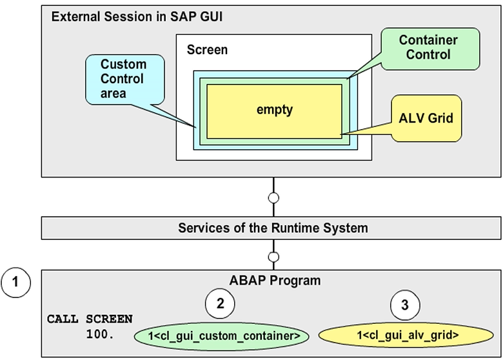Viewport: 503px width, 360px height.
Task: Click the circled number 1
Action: click(16, 283)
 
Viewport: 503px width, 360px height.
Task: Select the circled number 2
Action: click(220, 305)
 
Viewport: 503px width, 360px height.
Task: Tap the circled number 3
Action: click(405, 305)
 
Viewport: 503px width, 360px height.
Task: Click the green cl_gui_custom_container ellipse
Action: click(221, 335)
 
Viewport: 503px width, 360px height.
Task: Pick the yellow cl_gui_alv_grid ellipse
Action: click(408, 335)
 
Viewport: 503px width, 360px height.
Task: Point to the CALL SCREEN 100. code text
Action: click(90, 326)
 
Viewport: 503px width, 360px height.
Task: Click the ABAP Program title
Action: click(275, 281)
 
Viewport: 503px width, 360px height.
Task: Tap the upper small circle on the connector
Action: click(273, 198)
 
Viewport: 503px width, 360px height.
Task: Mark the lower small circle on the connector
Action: click(273, 257)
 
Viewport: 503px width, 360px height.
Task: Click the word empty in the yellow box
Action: click(274, 110)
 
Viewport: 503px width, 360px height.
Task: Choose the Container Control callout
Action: click(428, 48)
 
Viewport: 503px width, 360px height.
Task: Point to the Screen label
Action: click(207, 50)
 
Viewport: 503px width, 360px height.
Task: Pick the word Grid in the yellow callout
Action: click(442, 118)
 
